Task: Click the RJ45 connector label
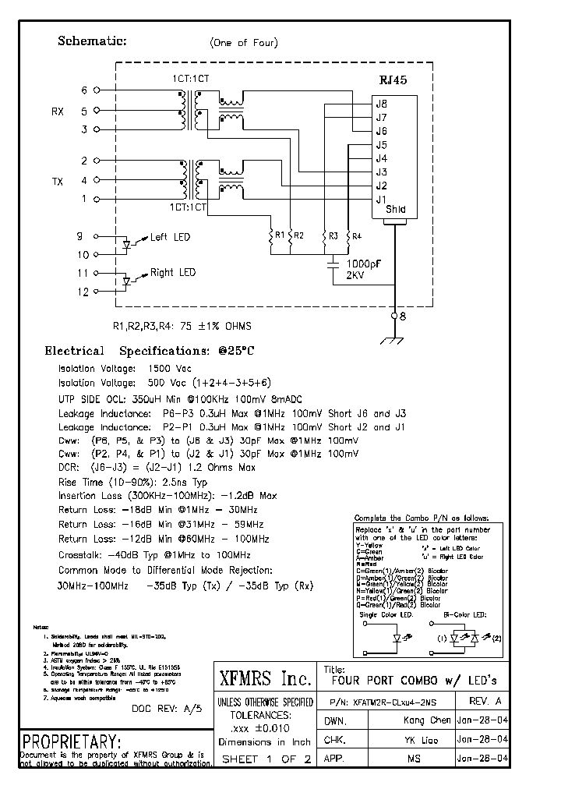point(393,80)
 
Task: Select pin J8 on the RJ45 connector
point(382,104)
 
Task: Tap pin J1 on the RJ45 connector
point(382,199)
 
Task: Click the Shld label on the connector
point(395,210)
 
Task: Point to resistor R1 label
point(278,234)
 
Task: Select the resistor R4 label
point(357,235)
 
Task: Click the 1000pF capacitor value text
point(364,264)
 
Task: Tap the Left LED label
point(170,237)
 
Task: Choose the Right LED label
point(173,273)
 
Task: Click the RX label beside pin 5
point(58,111)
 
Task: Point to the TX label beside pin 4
point(58,182)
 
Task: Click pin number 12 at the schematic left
point(83,292)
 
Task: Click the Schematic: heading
point(92,41)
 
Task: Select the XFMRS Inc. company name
point(264,676)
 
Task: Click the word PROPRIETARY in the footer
point(72,741)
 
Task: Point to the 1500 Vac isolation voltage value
point(170,368)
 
